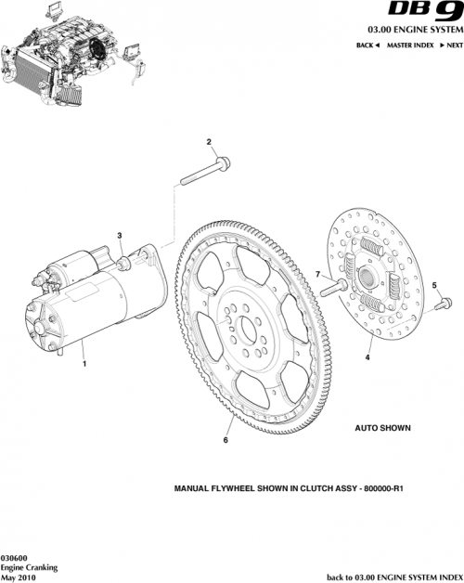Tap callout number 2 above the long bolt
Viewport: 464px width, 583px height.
tap(210, 142)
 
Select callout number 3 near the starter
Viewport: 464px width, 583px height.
tap(119, 236)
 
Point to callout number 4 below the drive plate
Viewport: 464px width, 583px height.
tap(367, 356)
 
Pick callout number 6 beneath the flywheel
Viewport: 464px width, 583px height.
tap(226, 440)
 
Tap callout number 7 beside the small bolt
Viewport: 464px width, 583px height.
tap(316, 274)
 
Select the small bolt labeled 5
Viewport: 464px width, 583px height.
tap(443, 301)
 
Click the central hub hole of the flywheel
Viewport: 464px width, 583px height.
tap(247, 328)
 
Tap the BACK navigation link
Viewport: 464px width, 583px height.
tap(367, 45)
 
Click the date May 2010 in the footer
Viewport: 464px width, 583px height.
tap(19, 576)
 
